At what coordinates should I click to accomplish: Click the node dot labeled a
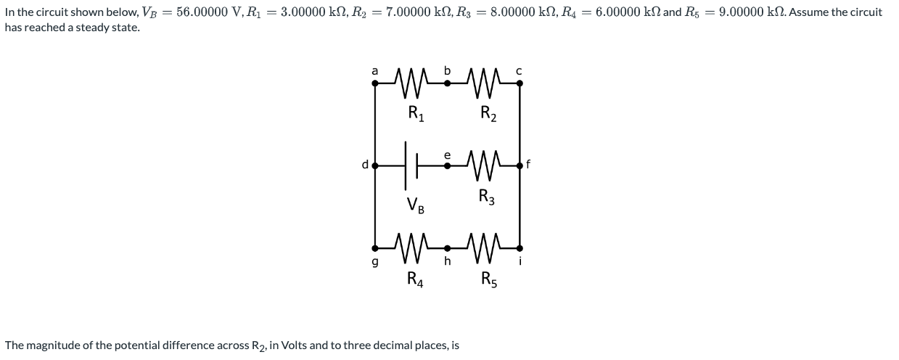tap(375, 83)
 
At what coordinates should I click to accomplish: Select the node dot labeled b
tap(448, 83)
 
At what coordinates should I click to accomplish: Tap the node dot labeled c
tap(520, 83)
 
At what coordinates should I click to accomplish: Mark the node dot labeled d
tap(375, 165)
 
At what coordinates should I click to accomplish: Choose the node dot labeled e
tap(448, 165)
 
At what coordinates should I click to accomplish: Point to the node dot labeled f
tap(520, 165)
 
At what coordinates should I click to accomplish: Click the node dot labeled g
tap(375, 247)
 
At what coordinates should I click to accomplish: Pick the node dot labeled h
tap(448, 247)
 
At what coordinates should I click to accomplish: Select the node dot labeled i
tap(520, 247)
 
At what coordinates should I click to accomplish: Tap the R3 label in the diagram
tap(488, 196)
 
